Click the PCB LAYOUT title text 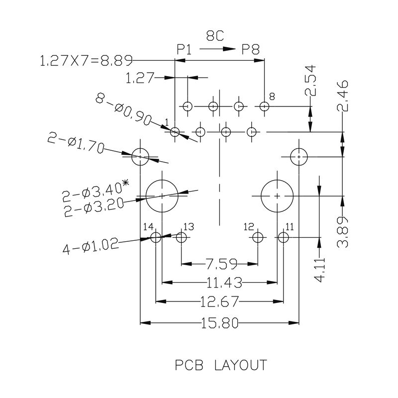220,366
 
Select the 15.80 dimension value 219,324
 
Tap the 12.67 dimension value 219,301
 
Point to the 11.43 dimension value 224,283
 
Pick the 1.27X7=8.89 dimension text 85,61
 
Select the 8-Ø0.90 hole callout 123,110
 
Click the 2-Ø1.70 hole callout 74,143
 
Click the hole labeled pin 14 156,238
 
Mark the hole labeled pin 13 181,238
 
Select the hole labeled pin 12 257,237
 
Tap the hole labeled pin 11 283,237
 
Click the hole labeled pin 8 265,106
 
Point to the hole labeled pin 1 175,132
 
